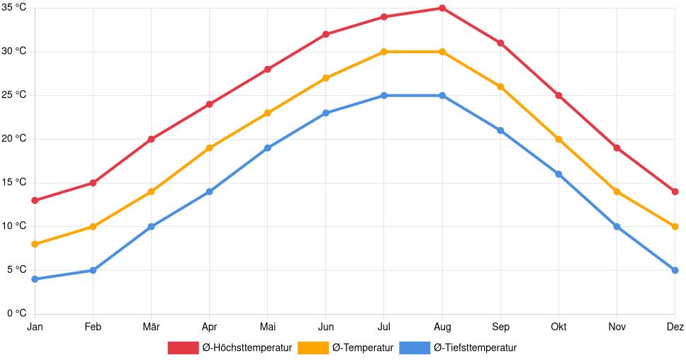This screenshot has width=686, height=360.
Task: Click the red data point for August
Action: pyautogui.click(x=442, y=9)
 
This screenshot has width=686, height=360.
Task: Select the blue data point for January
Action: pyautogui.click(x=35, y=279)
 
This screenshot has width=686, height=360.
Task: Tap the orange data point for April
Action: pyautogui.click(x=209, y=148)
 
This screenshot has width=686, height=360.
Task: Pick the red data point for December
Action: pyautogui.click(x=675, y=192)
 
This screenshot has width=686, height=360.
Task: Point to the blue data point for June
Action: pyautogui.click(x=325, y=113)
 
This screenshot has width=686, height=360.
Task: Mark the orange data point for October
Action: pyautogui.click(x=558, y=140)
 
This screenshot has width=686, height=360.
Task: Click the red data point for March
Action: pyautogui.click(x=151, y=140)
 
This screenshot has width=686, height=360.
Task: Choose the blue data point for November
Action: pyautogui.click(x=617, y=227)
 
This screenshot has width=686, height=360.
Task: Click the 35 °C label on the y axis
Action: pyautogui.click(x=13, y=8)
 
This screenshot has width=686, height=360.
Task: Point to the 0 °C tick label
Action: pyautogui.click(x=16, y=313)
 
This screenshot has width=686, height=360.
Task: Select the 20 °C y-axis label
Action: pyautogui.click(x=13, y=139)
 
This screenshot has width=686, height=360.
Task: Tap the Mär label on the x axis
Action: pyautogui.click(x=151, y=327)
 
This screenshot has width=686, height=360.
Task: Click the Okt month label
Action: pyautogui.click(x=558, y=327)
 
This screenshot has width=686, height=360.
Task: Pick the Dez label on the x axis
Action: pyautogui.click(x=675, y=327)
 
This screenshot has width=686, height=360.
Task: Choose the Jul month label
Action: pyautogui.click(x=383, y=327)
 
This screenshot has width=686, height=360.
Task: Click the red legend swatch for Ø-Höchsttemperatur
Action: pyautogui.click(x=183, y=348)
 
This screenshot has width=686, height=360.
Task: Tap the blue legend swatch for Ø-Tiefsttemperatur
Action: pyautogui.click(x=415, y=348)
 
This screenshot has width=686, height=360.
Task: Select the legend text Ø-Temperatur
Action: pyautogui.click(x=362, y=348)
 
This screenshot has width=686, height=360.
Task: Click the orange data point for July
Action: pyautogui.click(x=383, y=52)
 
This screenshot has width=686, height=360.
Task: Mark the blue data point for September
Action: pyautogui.click(x=500, y=130)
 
